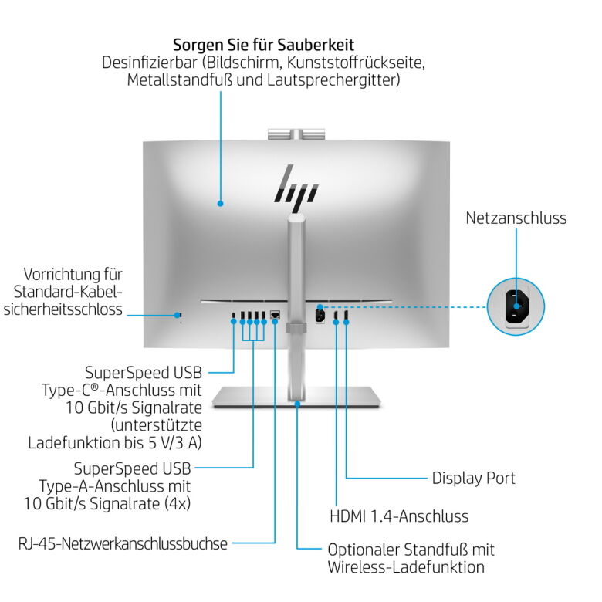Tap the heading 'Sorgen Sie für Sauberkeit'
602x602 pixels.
263,44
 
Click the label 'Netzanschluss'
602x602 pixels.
516,218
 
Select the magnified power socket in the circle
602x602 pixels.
516,306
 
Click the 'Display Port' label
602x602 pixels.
473,479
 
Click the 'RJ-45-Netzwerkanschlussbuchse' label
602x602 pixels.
123,543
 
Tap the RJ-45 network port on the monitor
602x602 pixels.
275,315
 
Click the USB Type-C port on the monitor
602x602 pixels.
234,315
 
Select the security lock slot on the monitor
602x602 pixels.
180,314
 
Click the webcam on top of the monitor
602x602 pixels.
295,134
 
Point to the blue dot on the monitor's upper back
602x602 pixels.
220,204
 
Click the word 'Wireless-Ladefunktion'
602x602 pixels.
406,568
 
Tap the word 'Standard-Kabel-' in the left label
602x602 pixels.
68,292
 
